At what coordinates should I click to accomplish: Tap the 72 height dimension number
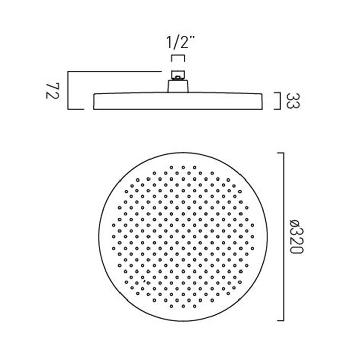53,91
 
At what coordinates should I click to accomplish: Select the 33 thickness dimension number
293,101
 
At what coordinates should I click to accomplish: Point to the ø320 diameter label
296,236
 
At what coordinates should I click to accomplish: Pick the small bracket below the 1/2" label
177,58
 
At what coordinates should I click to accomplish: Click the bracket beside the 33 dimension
278,101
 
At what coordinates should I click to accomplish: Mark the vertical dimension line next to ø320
284,236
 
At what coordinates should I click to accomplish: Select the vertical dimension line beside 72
68,90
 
